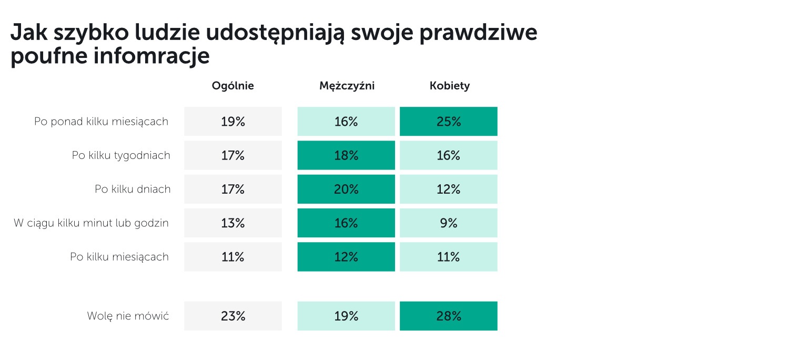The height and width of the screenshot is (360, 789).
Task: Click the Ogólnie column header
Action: coord(233,86)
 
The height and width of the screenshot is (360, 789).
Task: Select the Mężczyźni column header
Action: coord(347,86)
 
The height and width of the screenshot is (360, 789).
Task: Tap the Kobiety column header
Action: coord(449,86)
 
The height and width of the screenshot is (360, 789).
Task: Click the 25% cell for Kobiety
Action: coord(448,121)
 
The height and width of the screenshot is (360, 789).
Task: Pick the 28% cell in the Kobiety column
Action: coord(448,316)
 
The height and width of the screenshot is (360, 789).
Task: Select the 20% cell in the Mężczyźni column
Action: coord(346,189)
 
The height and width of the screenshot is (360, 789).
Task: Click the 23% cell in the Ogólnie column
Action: coord(233,316)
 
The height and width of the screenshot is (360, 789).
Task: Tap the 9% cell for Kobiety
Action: coord(448,223)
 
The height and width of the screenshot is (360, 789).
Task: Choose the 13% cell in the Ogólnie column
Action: coord(233,223)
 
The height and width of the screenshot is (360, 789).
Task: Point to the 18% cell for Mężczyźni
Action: coord(346,155)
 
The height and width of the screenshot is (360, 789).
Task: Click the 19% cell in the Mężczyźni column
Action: coord(346,316)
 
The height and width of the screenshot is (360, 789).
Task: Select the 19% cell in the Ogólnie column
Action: coord(233,121)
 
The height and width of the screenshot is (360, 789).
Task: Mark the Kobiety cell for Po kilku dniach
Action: coord(448,189)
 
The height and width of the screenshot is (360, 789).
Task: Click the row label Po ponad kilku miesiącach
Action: coord(101,122)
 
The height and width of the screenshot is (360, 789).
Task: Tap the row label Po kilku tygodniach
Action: coord(121,155)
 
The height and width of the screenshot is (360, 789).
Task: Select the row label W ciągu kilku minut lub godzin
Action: coord(91,223)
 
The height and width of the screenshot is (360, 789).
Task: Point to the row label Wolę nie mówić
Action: coord(128,316)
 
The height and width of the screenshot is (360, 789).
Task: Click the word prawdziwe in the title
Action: coord(478,33)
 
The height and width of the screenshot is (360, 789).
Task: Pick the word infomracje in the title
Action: coord(151,56)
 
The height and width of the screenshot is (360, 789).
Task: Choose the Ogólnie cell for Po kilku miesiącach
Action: coord(233,257)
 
